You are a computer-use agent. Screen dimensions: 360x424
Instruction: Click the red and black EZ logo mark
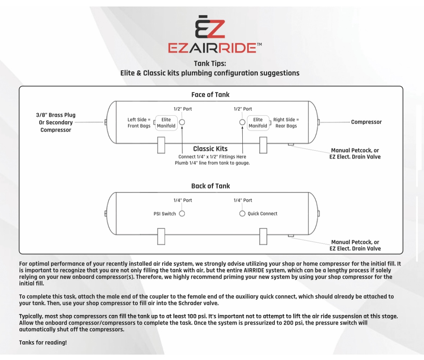pyautogui.click(x=210, y=27)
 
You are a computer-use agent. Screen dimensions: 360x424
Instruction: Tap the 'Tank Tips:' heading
pyautogui.click(x=210, y=64)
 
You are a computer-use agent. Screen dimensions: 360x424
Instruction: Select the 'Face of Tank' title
pyautogui.click(x=210, y=95)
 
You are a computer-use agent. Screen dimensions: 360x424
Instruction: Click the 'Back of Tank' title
pyautogui.click(x=210, y=186)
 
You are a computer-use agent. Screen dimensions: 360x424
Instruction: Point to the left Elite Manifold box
pyautogui.click(x=166, y=123)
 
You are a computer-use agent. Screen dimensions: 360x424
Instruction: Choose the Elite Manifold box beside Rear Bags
pyautogui.click(x=258, y=123)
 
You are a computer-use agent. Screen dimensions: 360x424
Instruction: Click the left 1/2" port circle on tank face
pyautogui.click(x=182, y=122)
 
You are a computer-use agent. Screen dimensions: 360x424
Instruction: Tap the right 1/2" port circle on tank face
pyautogui.click(x=242, y=122)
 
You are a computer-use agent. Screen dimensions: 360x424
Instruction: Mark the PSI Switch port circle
pyautogui.click(x=182, y=213)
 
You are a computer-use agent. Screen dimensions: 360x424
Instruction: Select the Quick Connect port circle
pyautogui.click(x=242, y=213)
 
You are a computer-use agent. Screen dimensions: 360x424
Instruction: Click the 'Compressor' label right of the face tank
pyautogui.click(x=366, y=122)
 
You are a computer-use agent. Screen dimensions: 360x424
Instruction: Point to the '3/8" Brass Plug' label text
pyautogui.click(x=56, y=115)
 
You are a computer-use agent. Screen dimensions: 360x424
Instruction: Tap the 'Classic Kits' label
pyautogui.click(x=210, y=149)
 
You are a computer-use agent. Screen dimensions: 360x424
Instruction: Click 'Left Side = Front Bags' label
pyautogui.click(x=139, y=123)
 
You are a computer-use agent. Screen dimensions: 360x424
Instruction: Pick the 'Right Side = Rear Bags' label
pyautogui.click(x=286, y=123)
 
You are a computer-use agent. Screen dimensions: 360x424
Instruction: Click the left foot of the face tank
pyautogui.click(x=161, y=145)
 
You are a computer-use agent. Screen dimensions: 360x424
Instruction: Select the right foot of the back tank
pyautogui.click(x=263, y=236)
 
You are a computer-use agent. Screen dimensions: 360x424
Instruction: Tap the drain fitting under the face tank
pyautogui.click(x=291, y=145)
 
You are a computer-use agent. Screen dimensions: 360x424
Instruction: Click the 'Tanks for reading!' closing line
pyautogui.click(x=43, y=342)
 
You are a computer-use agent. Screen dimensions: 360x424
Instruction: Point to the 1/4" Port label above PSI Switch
pyautogui.click(x=183, y=201)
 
